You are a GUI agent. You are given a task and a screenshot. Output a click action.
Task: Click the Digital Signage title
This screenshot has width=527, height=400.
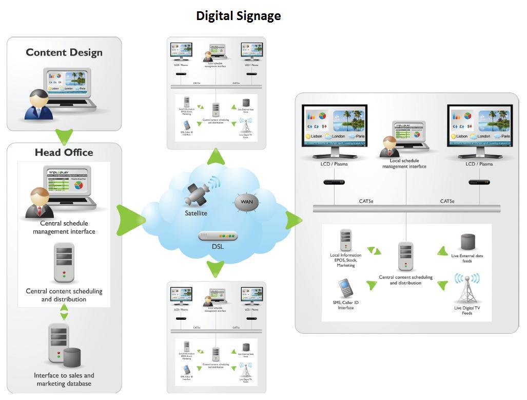click(238, 16)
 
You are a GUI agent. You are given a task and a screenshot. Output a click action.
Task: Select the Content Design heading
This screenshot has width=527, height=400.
click(64, 52)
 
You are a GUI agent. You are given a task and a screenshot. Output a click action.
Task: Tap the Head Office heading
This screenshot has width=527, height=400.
click(64, 152)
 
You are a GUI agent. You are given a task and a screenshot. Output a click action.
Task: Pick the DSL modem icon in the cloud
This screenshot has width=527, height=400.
click(218, 236)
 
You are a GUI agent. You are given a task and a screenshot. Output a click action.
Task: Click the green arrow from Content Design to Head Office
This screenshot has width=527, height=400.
click(64, 136)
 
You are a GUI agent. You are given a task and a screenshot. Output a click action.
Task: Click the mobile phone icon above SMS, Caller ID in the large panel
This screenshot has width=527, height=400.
click(346, 288)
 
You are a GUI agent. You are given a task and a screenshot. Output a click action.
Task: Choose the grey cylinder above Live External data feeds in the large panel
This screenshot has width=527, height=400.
click(467, 242)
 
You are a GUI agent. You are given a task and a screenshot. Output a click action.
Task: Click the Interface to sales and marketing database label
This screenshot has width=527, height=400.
click(64, 379)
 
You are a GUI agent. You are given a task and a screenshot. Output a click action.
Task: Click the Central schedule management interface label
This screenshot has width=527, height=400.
click(64, 227)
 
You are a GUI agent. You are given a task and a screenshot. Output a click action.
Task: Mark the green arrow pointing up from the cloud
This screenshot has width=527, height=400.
click(216, 157)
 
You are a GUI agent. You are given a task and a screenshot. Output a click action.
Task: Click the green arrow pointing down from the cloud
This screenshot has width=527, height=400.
click(216, 268)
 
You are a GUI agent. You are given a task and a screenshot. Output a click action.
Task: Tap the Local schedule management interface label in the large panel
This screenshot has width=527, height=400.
click(404, 163)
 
